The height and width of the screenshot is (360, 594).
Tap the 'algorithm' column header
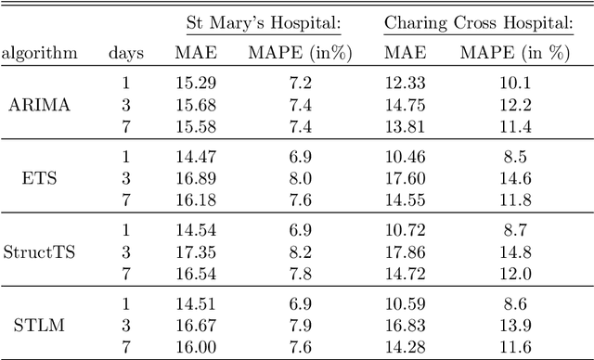coord(40,54)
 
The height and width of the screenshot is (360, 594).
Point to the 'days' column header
coord(125,54)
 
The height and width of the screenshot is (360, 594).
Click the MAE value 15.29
coord(195,85)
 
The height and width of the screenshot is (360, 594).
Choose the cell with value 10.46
coord(405,158)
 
